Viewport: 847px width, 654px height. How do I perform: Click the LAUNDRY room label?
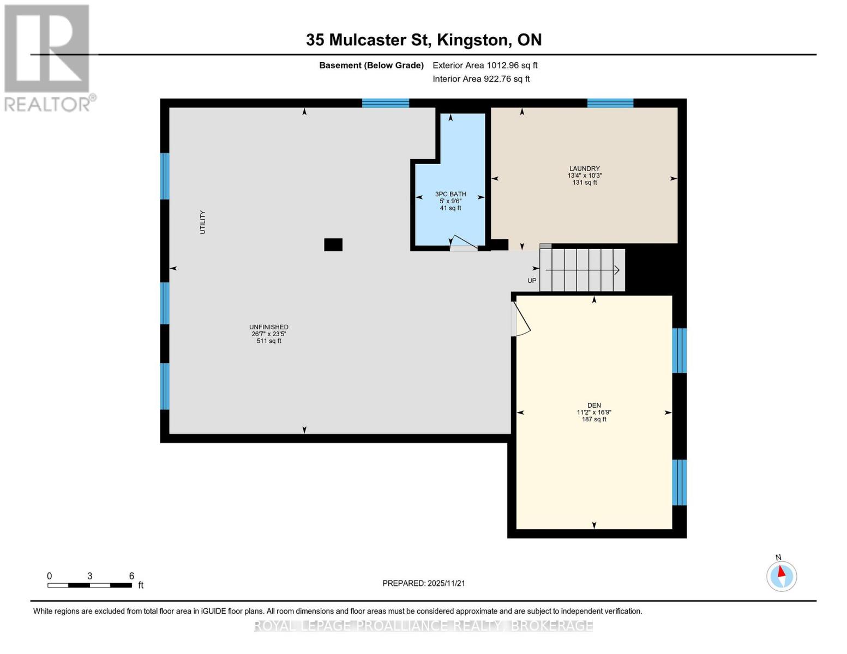click(x=584, y=169)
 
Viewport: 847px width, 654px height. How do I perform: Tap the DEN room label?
click(x=594, y=405)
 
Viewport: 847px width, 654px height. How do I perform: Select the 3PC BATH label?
click(x=450, y=194)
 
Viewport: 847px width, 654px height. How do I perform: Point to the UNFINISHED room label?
click(x=269, y=327)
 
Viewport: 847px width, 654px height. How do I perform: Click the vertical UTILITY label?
click(x=203, y=222)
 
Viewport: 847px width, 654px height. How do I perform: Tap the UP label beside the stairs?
click(x=532, y=281)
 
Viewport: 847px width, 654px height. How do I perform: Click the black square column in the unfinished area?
click(x=333, y=245)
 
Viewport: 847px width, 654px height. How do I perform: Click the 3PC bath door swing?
click(x=463, y=243)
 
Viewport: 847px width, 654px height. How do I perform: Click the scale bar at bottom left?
click(x=89, y=585)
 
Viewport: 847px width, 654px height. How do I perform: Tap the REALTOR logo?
click(x=48, y=58)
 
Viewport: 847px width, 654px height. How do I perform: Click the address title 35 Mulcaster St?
click(x=423, y=40)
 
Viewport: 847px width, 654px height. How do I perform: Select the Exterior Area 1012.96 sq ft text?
click(x=485, y=65)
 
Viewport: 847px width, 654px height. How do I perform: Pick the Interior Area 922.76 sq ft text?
click(x=481, y=79)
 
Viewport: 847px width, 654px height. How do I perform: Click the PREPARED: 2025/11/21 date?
click(x=424, y=583)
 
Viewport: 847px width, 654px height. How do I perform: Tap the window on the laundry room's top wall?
click(x=610, y=103)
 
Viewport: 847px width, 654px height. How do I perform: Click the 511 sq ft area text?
click(x=269, y=341)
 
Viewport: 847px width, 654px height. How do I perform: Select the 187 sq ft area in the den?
click(x=594, y=419)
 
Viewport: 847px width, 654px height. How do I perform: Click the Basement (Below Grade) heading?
click(x=371, y=65)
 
